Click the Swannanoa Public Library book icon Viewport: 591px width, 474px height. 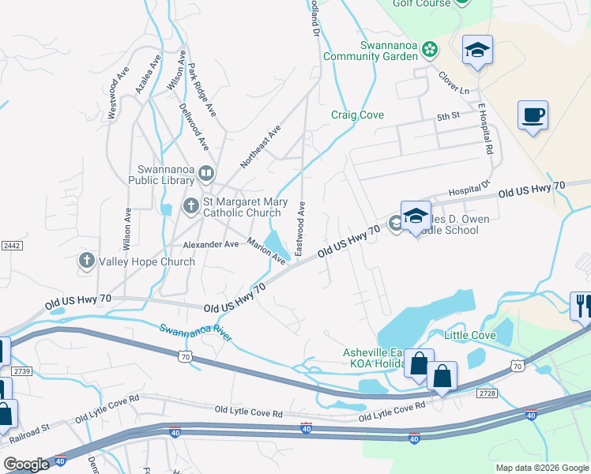click(x=205, y=172)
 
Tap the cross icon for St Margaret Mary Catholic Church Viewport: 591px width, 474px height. click(x=190, y=206)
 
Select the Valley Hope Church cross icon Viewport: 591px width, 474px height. click(x=87, y=261)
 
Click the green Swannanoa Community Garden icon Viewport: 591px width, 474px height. click(x=429, y=51)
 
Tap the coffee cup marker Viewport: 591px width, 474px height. click(x=533, y=115)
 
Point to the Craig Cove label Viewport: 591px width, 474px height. click(x=357, y=115)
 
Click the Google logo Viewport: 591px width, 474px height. click(x=26, y=465)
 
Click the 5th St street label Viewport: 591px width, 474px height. click(x=448, y=116)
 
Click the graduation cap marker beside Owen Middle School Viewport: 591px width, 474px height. click(x=415, y=216)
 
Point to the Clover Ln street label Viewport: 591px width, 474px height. click(x=454, y=79)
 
